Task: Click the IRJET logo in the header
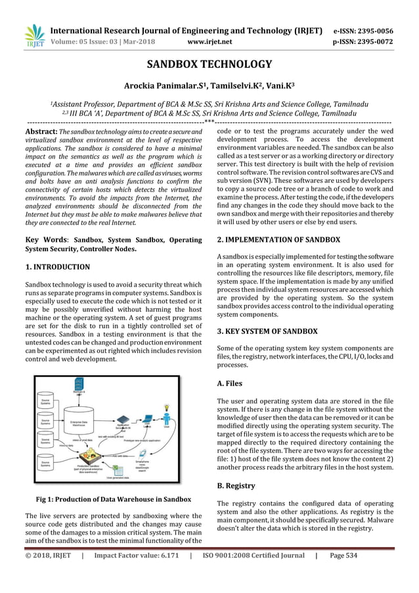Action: [x=34, y=36]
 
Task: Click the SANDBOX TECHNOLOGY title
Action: [x=208, y=64]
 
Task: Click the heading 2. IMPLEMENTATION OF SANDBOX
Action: [x=278, y=240]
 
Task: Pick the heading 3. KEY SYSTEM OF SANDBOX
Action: [x=267, y=331]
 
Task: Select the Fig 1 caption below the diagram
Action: [x=113, y=499]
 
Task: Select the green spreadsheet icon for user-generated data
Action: [x=119, y=471]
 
